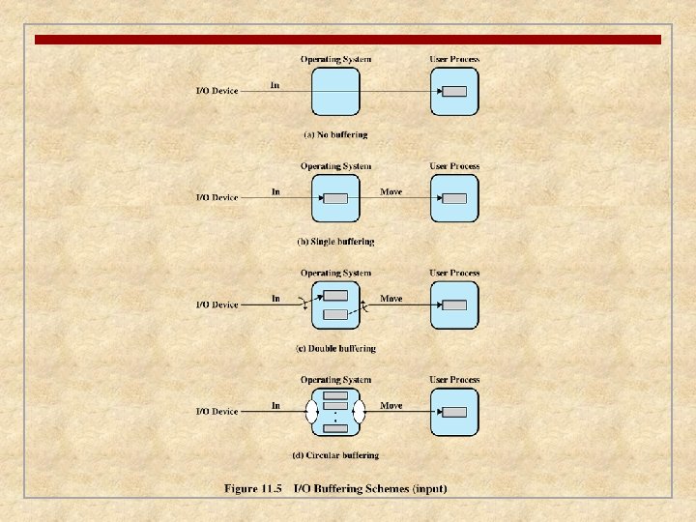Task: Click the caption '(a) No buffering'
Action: click(335, 134)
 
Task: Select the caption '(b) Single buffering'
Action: click(335, 241)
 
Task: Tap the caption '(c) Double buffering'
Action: click(335, 348)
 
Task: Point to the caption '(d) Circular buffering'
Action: click(335, 455)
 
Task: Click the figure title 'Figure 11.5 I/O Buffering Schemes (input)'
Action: click(335, 489)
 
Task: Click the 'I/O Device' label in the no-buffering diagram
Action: click(217, 91)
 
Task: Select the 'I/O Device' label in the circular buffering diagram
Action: click(217, 412)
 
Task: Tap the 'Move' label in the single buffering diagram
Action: click(391, 191)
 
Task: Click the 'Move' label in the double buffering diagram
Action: click(391, 299)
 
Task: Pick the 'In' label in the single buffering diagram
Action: click(275, 191)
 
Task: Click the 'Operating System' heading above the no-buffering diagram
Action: click(335, 59)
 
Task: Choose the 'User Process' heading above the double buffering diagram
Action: click(454, 273)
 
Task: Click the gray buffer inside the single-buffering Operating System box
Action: click(335, 198)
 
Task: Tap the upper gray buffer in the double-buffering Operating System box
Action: click(335, 296)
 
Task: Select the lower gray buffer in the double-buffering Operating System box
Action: click(335, 314)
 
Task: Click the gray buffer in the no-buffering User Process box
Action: click(454, 92)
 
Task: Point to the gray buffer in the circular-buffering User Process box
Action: click(454, 412)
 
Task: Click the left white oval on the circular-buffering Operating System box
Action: click(311, 412)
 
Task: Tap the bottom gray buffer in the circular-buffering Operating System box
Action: click(335, 428)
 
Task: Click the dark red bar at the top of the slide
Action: click(348, 40)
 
